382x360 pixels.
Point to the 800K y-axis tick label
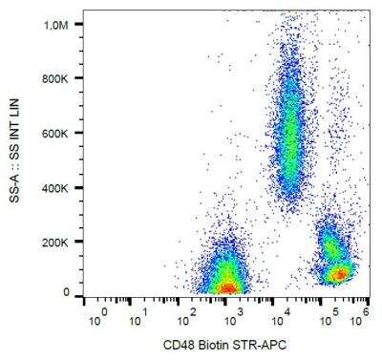pos(59,78)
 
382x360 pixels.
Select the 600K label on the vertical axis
pos(59,133)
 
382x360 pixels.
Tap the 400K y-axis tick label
pos(59,186)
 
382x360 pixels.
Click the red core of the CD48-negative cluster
pos(227,286)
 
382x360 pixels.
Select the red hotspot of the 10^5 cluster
pos(338,275)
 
